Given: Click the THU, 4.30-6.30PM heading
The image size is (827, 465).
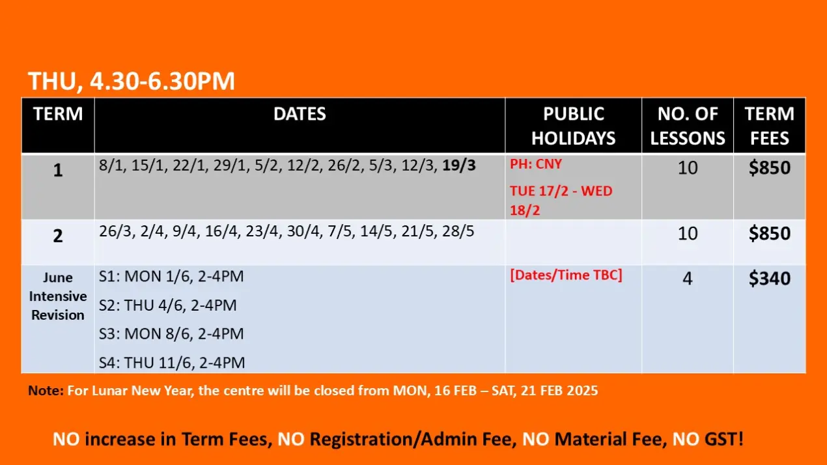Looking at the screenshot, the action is pos(132,81).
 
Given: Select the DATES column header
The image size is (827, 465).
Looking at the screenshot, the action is pos(300,114).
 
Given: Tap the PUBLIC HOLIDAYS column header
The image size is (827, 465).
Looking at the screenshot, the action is pos(573,126).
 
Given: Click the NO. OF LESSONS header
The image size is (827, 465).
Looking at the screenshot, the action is pos(688,126).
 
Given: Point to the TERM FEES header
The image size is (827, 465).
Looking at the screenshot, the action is pos(770,126).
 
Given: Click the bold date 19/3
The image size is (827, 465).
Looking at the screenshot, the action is pos(459,165).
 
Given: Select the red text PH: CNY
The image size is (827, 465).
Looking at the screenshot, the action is pos(536,164).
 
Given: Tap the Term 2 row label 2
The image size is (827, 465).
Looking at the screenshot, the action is pos(58,236).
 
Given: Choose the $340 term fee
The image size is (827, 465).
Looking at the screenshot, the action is pos(770,278).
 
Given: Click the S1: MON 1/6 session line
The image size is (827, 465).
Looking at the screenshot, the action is pos(171,276).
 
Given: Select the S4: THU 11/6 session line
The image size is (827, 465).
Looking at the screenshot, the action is pos(172,363).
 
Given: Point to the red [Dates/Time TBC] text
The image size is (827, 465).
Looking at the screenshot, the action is pos(566,275).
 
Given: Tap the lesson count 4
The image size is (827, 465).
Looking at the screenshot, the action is pos(688,279).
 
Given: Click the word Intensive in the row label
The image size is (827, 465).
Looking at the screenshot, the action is pos(58,296).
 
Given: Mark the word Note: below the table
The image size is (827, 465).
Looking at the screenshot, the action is pos(46,390).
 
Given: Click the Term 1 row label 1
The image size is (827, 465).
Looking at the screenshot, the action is pos(58,170).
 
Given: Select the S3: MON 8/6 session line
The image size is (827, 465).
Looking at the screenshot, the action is pos(171,334).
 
